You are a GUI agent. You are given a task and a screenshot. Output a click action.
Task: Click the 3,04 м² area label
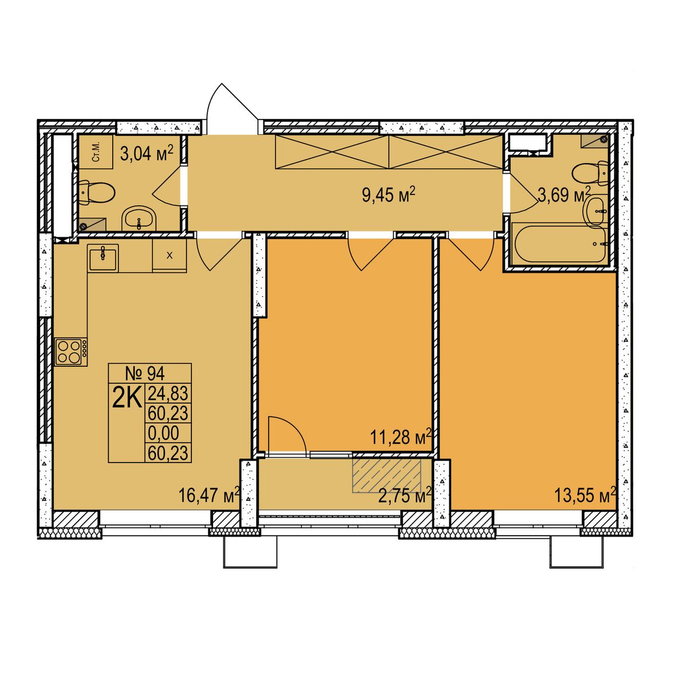(147, 153)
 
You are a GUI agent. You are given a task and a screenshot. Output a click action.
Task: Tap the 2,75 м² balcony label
(405, 496)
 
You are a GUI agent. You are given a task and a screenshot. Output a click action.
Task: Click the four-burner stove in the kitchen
(71, 352)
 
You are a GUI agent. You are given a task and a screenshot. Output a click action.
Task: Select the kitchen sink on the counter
(103, 257)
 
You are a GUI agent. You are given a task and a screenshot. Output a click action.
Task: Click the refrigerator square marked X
(169, 255)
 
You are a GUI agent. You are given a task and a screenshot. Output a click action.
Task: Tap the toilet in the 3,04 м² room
(96, 193)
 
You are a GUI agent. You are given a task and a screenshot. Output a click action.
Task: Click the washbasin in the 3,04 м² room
(139, 218)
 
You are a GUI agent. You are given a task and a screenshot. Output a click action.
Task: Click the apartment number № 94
(145, 375)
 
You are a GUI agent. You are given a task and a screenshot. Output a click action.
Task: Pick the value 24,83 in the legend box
(168, 394)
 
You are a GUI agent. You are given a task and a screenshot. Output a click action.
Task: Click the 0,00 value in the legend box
(163, 433)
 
